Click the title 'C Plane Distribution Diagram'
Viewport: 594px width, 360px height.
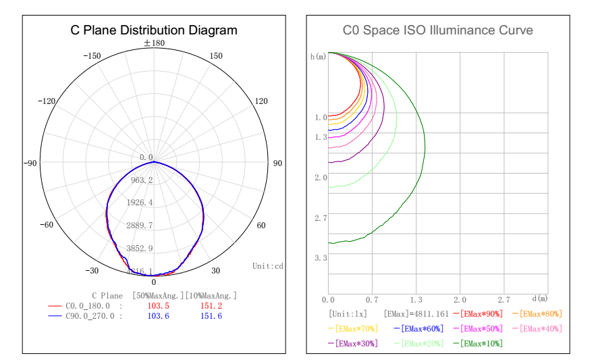coord(154,30)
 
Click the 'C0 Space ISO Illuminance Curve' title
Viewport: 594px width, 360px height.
coord(437,30)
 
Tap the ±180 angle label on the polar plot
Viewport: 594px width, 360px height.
coord(154,43)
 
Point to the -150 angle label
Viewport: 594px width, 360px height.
coord(92,56)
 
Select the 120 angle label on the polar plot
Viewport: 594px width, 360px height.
coord(260,101)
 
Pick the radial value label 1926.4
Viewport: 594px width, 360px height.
coord(142,203)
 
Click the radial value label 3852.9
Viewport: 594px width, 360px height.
coord(142,249)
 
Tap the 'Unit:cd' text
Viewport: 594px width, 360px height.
coord(267,266)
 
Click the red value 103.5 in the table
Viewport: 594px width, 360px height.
coord(158,306)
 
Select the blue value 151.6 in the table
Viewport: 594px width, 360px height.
coord(211,316)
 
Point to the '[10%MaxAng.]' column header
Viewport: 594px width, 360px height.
coord(211,296)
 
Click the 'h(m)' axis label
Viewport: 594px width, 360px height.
coord(318,57)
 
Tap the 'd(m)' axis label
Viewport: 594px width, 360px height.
coord(539,299)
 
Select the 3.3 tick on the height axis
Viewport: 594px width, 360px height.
coord(321,258)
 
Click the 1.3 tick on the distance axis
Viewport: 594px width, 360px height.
coord(416,299)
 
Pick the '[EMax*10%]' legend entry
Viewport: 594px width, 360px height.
coord(483,344)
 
